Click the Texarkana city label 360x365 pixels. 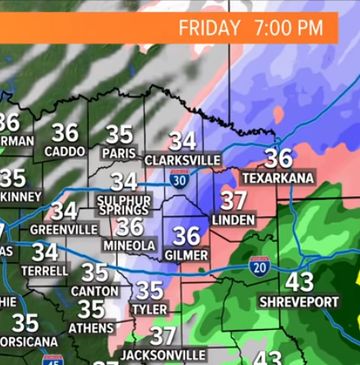point(269,178)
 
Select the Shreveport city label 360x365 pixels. point(299,302)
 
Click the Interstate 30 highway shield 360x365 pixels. point(179,180)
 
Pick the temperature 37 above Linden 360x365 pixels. point(234,200)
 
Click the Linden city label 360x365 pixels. point(233,220)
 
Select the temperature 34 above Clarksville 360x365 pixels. point(182,140)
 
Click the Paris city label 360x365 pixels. point(119,154)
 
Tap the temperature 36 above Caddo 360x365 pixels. point(64,132)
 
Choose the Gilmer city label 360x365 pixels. point(187,256)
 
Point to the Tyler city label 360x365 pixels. point(149,310)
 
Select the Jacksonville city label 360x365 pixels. point(163,355)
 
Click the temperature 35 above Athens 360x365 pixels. point(91,309)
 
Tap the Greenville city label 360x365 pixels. point(64,229)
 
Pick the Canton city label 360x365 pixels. point(95,291)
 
